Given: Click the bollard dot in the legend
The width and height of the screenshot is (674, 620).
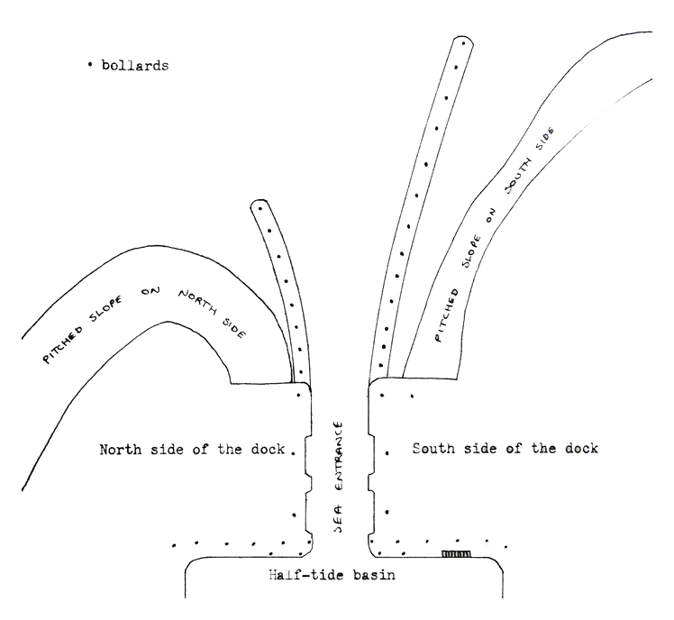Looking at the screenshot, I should (91, 66).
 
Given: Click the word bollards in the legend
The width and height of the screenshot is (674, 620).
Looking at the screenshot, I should (134, 66).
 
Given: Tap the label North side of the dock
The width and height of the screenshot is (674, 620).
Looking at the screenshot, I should (192, 449).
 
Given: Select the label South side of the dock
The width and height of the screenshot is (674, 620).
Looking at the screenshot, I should (505, 448).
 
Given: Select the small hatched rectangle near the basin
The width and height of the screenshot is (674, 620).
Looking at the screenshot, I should (457, 553).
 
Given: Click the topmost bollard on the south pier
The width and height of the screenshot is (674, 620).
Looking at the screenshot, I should (463, 43).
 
